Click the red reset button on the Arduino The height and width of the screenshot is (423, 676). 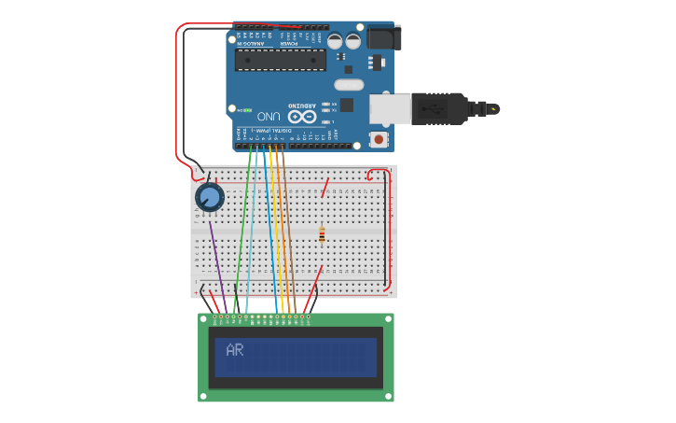(379, 139)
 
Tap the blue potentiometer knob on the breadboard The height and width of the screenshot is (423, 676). (209, 197)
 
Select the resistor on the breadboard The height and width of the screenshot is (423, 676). (322, 234)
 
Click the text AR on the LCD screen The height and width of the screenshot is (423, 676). (235, 351)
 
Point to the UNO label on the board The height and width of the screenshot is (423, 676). (269, 116)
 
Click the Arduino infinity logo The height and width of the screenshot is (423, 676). (301, 116)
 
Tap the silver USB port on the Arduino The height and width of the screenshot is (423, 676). (389, 108)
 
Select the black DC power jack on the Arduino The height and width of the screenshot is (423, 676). (383, 36)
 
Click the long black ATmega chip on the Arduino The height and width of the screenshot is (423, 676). (280, 60)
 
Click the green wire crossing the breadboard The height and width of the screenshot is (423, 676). (242, 233)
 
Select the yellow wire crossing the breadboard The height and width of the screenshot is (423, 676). (274, 233)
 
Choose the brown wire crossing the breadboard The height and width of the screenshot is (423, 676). (288, 233)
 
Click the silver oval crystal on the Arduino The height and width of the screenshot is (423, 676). (346, 85)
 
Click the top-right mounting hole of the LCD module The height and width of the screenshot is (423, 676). (388, 319)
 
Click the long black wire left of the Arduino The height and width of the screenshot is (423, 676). (183, 93)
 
